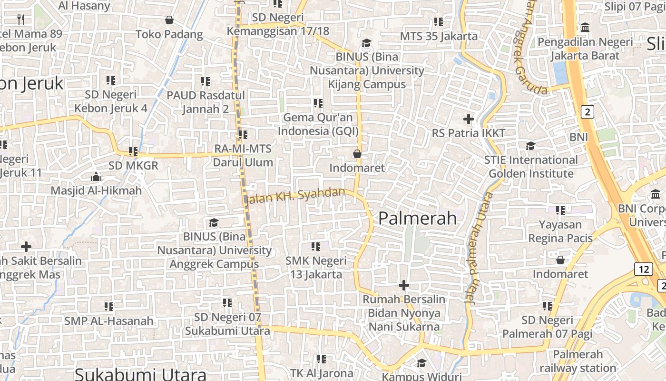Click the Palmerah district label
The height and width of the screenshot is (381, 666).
(417, 218)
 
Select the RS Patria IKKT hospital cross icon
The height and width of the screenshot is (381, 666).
(469, 119)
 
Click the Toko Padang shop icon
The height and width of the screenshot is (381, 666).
(169, 20)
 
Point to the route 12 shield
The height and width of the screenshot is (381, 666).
(644, 269)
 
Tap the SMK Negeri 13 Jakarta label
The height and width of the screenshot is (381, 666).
(316, 268)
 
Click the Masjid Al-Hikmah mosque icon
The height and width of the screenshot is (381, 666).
(96, 177)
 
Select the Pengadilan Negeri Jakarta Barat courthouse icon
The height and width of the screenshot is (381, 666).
(586, 28)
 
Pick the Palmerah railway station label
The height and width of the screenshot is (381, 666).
(578, 361)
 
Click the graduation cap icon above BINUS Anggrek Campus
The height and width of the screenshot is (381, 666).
(214, 223)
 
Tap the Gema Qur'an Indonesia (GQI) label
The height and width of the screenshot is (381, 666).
(318, 124)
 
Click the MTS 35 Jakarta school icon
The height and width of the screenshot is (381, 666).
(439, 22)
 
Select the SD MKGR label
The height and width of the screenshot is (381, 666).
(133, 166)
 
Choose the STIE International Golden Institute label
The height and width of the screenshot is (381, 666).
(531, 167)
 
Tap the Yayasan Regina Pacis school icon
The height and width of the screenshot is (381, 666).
(560, 210)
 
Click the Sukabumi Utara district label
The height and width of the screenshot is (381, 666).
(141, 374)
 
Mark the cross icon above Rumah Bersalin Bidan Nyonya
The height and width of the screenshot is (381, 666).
(404, 286)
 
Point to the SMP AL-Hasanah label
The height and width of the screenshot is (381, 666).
(109, 321)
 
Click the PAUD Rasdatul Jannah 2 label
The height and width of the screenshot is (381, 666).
(206, 102)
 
